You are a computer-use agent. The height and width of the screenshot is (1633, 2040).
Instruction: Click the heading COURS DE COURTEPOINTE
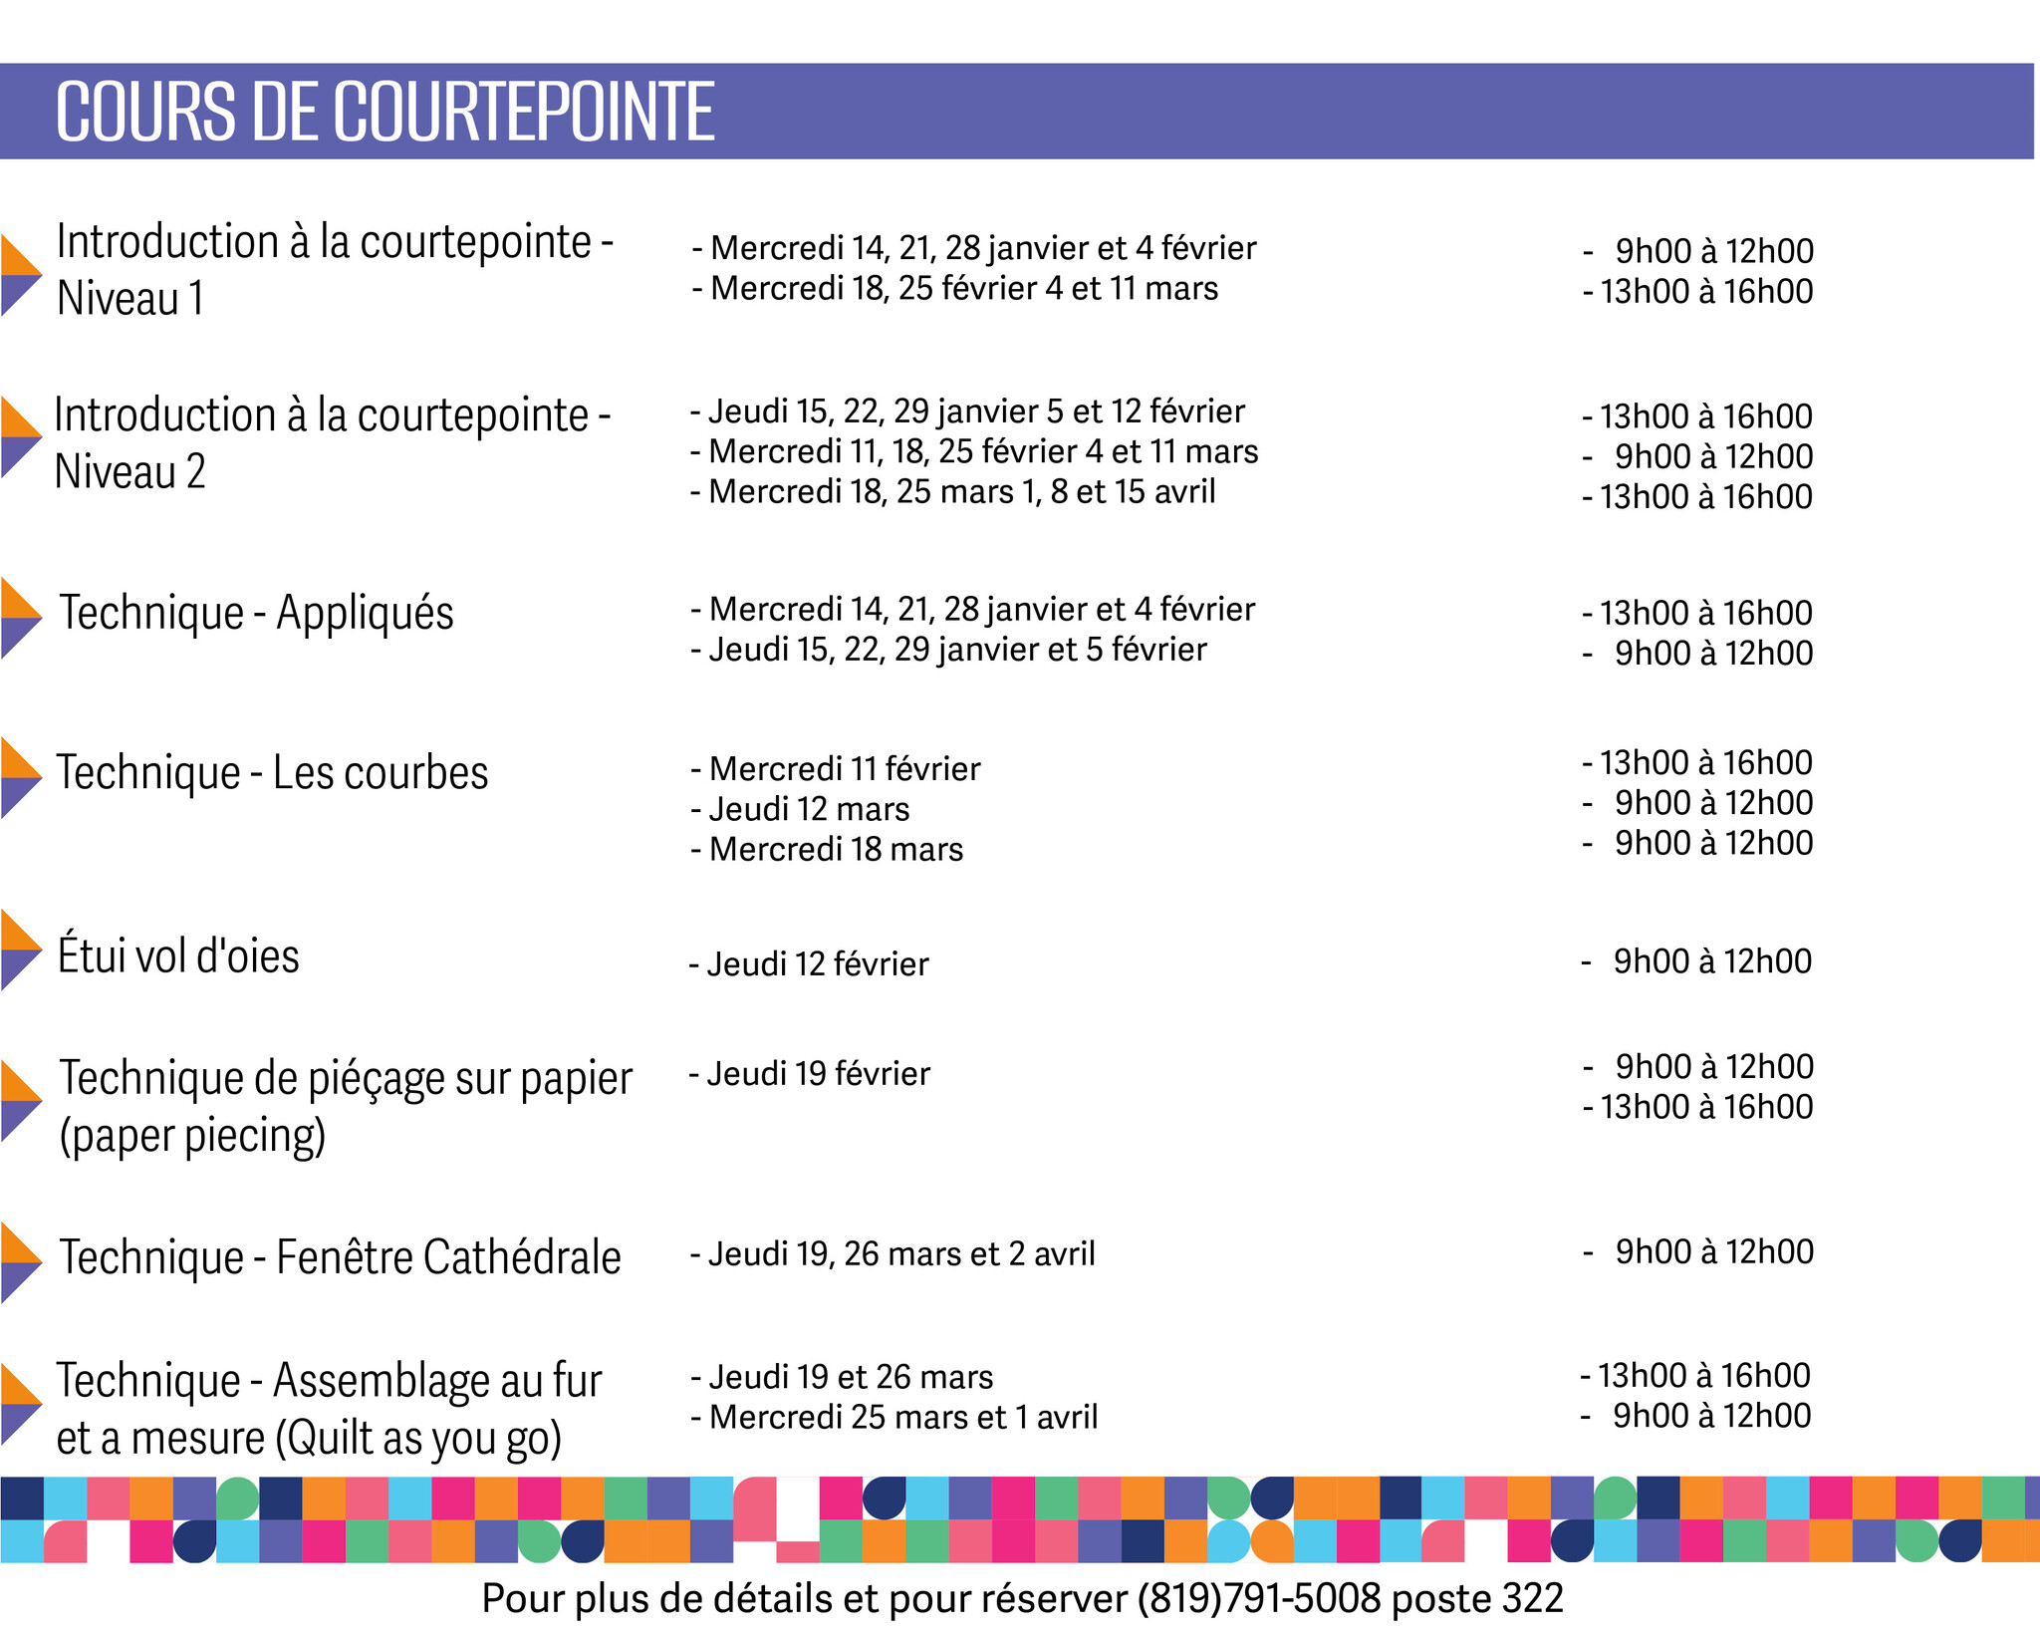[384, 112]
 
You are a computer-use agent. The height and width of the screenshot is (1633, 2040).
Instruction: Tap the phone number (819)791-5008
[1259, 1599]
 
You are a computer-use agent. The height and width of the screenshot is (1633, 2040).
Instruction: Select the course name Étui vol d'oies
[178, 955]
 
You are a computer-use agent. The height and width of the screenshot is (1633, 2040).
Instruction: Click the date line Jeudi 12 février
[809, 964]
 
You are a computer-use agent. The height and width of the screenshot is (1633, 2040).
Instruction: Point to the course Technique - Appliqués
[256, 613]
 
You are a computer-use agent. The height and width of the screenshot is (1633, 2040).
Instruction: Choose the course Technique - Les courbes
[272, 773]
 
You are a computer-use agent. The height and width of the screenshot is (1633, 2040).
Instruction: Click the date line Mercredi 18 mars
[827, 850]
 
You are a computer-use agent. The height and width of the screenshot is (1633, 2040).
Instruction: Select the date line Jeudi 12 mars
[800, 809]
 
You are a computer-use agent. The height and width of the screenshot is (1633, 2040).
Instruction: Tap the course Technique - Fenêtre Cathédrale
[340, 1257]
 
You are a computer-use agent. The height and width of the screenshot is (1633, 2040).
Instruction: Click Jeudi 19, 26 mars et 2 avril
[892, 1254]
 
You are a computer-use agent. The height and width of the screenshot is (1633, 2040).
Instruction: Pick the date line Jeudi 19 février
[809, 1074]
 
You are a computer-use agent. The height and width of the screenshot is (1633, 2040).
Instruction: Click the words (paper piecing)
[192, 1136]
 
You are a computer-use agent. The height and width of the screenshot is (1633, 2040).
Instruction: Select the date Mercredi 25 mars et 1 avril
[894, 1418]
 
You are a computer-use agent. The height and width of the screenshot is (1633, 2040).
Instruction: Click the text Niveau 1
[129, 299]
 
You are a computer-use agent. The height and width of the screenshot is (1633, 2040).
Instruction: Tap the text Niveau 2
[129, 472]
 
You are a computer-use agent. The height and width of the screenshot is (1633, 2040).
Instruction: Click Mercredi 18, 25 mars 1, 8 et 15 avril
[953, 492]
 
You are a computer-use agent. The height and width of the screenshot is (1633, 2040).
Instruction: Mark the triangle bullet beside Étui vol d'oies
[20, 950]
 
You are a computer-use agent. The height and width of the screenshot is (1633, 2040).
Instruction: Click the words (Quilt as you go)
[418, 1439]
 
